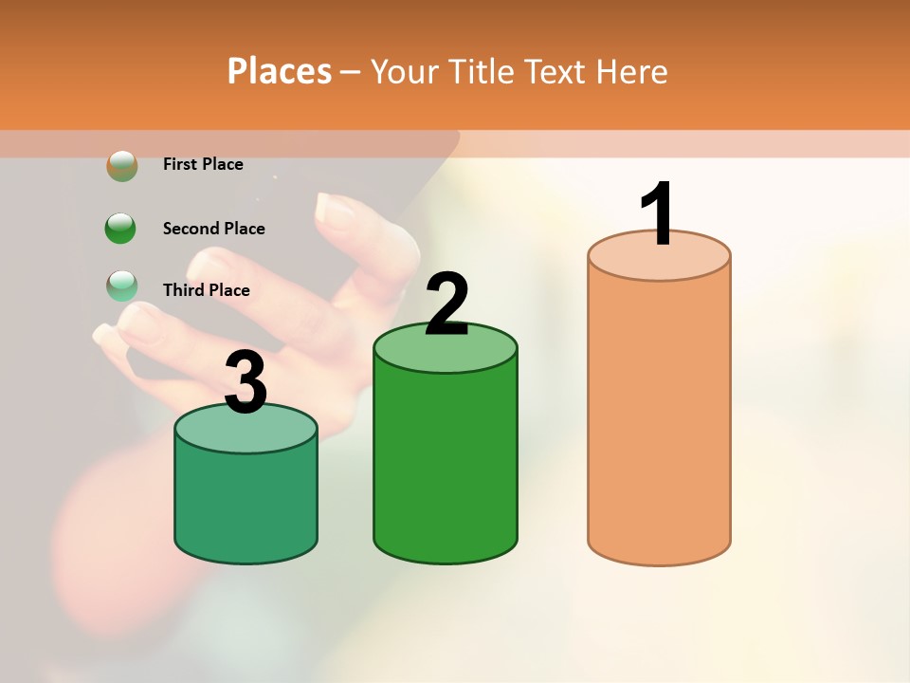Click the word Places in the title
click(x=280, y=71)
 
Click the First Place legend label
click(x=203, y=164)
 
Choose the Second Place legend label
click(x=213, y=229)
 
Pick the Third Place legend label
click(x=206, y=290)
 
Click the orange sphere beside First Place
click(x=121, y=165)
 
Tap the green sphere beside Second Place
click(x=121, y=228)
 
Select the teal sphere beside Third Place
click(x=121, y=286)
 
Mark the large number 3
click(x=246, y=383)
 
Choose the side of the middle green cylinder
click(x=446, y=465)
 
